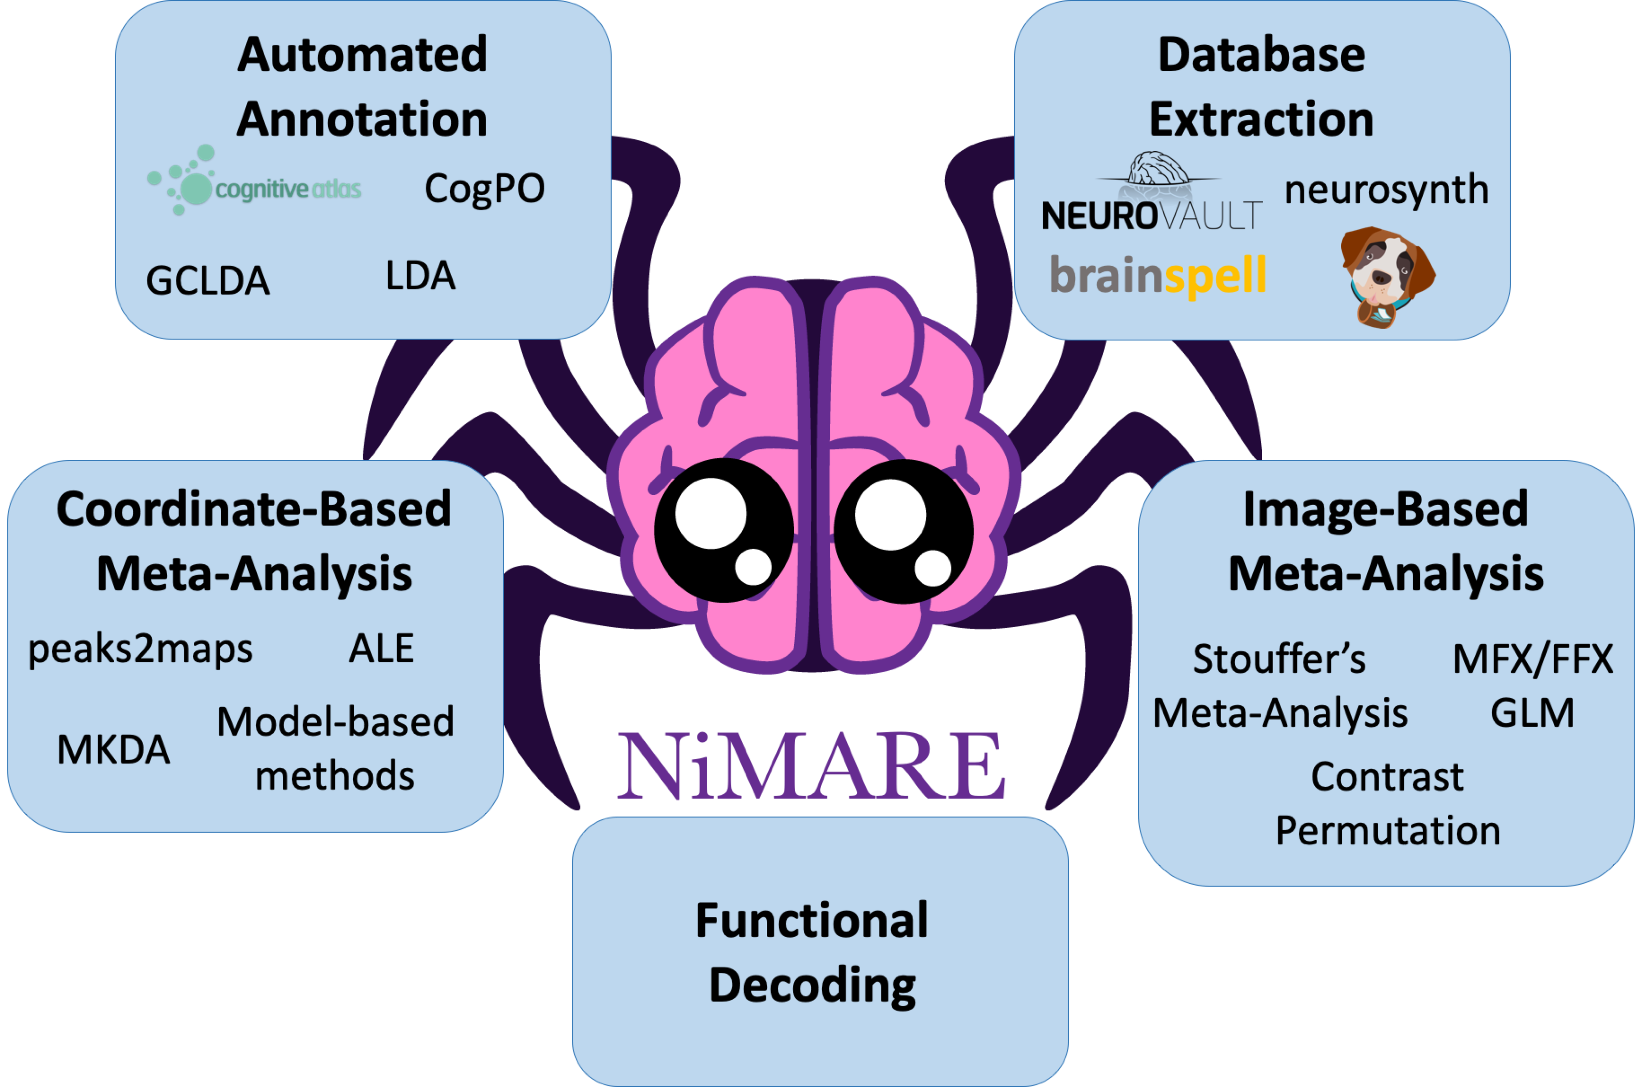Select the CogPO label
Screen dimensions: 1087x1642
coord(484,189)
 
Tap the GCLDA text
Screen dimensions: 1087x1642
coord(207,281)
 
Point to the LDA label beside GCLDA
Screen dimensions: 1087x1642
coord(420,276)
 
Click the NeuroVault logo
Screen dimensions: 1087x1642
coord(1152,195)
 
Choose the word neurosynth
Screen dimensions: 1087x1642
coord(1386,190)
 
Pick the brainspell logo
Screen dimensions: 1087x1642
coord(1158,276)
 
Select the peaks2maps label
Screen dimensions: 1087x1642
coord(140,650)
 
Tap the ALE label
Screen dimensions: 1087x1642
coord(381,649)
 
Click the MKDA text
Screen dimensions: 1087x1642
coord(114,749)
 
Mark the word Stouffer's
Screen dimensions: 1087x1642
coord(1279,659)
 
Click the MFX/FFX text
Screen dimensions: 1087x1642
coord(1532,659)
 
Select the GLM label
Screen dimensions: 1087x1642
coord(1532,713)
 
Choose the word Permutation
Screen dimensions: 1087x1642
coord(1387,831)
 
